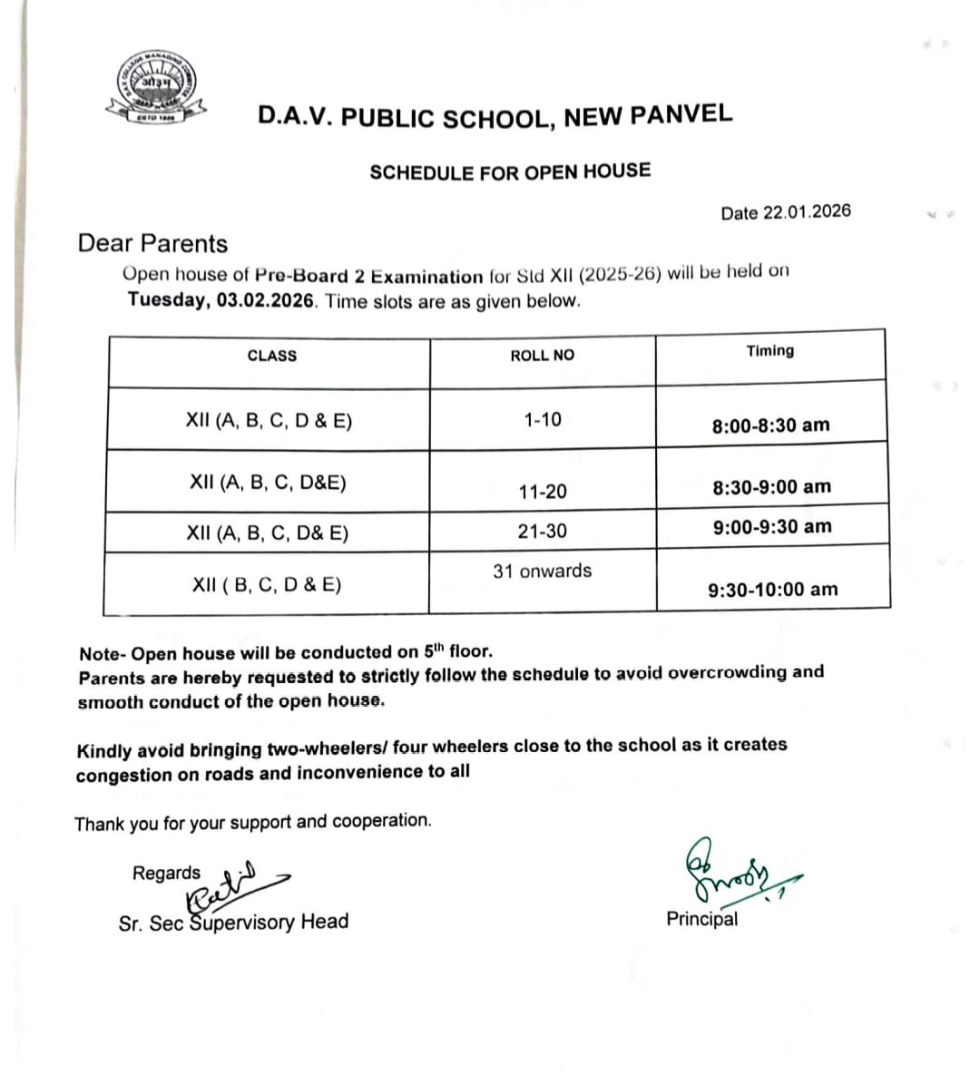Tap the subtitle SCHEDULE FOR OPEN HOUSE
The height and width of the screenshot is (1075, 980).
[x=510, y=171]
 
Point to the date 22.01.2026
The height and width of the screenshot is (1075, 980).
[x=807, y=211]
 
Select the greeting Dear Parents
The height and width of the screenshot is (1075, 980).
[x=152, y=244]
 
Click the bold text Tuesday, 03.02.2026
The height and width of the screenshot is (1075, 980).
[x=221, y=300]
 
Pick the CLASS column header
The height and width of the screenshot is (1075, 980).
[x=272, y=356]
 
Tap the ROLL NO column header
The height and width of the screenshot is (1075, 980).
[x=542, y=356]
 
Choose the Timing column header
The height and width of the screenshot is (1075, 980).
[x=769, y=351]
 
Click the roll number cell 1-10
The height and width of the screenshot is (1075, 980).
[x=543, y=419]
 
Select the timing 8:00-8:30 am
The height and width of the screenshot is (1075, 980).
[x=770, y=425]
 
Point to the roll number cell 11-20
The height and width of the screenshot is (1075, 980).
[x=543, y=492]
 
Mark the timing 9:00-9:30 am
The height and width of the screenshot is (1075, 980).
[x=771, y=526]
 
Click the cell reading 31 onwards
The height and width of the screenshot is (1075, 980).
[x=542, y=571]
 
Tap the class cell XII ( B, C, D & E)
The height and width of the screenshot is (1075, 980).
[x=267, y=584]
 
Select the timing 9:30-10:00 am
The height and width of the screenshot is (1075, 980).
[x=772, y=590]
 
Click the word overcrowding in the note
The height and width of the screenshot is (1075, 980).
[x=710, y=672]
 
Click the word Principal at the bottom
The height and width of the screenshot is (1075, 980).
[x=701, y=919]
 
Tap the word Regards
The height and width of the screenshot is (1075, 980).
[x=166, y=873]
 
